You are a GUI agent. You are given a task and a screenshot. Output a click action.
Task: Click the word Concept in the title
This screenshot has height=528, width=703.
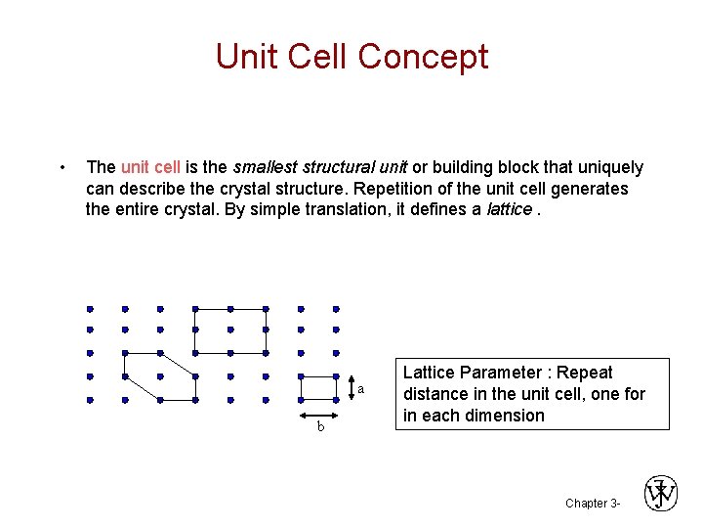(x=423, y=56)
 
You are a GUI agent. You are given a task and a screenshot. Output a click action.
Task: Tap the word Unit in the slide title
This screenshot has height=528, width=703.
(x=244, y=56)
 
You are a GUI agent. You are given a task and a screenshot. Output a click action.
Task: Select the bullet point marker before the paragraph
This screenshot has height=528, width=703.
(x=62, y=167)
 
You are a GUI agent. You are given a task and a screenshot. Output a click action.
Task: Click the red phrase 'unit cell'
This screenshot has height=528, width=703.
(x=149, y=168)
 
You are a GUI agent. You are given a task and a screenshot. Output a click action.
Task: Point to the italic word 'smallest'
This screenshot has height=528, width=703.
(x=268, y=168)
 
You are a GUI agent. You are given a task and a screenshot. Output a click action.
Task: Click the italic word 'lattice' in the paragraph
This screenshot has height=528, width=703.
(x=509, y=209)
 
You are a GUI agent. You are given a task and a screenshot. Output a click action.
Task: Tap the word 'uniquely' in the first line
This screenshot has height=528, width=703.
(x=611, y=168)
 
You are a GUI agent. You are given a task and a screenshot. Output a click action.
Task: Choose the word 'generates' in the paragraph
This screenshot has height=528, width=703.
(x=592, y=189)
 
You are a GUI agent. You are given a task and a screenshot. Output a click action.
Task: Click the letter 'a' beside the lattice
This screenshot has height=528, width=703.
(x=360, y=390)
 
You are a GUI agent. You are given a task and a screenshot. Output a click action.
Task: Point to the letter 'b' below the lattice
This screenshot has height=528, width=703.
(x=319, y=427)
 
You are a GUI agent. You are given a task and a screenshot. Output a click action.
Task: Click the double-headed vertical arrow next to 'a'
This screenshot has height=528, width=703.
(x=350, y=388)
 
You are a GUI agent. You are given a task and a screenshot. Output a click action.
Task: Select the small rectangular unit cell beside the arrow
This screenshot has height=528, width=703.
(x=318, y=388)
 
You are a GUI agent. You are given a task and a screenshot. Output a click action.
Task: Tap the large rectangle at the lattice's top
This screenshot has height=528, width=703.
(x=229, y=330)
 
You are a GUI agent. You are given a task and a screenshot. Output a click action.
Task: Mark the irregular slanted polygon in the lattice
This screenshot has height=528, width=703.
(x=159, y=376)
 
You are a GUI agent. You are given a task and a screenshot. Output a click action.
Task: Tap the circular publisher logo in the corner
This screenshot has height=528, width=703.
(x=661, y=494)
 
